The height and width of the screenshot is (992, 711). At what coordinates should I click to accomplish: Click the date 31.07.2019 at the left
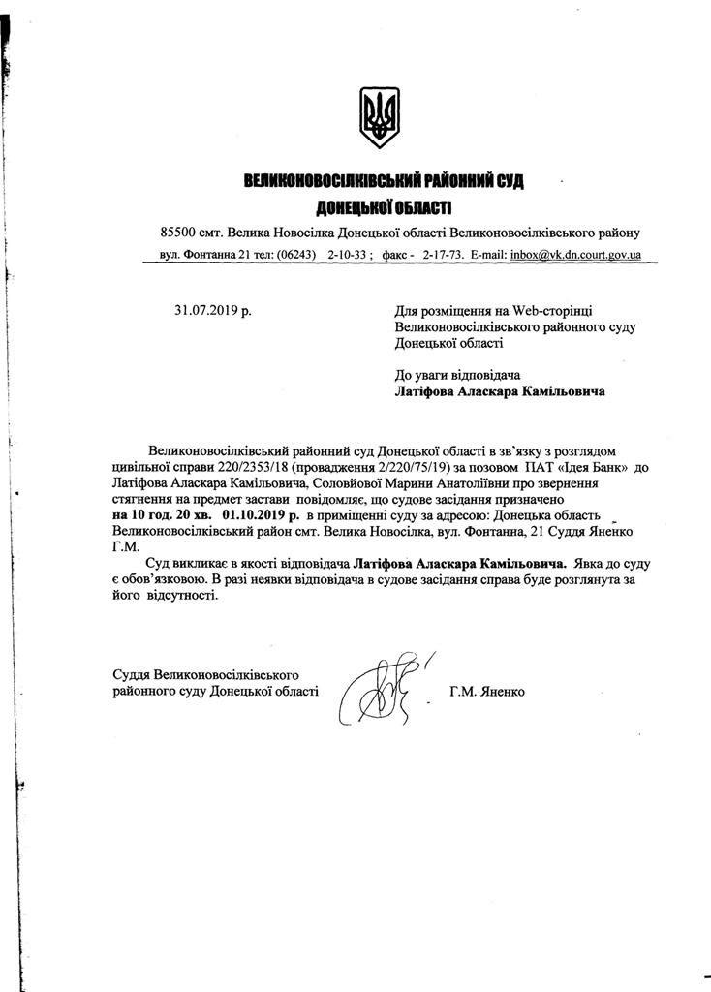tap(212, 311)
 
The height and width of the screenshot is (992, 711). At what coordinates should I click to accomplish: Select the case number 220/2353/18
tap(245, 467)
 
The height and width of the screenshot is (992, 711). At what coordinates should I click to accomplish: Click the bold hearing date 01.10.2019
tap(261, 514)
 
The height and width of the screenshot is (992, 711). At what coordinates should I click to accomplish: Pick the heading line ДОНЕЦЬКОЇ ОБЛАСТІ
tap(385, 207)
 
